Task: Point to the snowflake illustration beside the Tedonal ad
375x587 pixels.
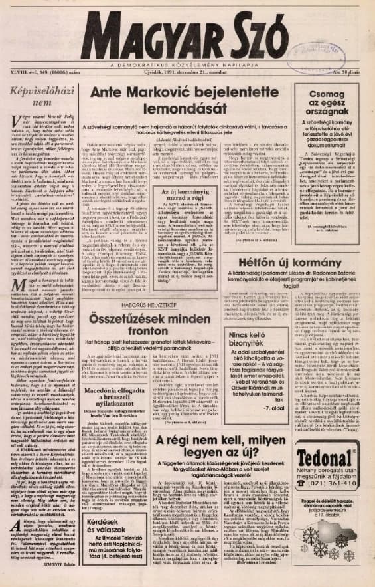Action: [336, 542]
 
